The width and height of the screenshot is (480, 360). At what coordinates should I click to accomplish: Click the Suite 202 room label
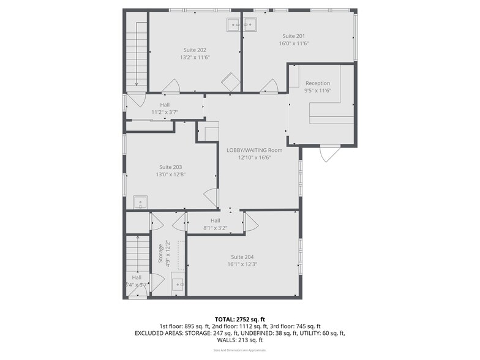click(195, 50)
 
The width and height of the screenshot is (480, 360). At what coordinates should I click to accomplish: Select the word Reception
click(318, 83)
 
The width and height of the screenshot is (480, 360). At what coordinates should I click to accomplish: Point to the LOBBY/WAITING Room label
click(254, 150)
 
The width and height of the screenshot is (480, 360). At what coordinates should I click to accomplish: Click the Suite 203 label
click(170, 167)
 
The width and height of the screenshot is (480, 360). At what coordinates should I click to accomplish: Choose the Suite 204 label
click(242, 257)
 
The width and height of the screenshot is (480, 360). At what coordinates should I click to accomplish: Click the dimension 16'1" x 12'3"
click(242, 264)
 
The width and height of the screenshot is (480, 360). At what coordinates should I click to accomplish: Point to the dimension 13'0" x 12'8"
click(170, 174)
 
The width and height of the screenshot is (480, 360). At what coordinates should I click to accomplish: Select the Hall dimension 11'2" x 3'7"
click(165, 113)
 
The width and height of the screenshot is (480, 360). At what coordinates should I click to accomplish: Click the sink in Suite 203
click(140, 201)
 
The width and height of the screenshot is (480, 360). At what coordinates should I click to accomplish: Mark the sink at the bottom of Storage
click(178, 284)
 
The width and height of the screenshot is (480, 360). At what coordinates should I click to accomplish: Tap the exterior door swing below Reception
click(329, 153)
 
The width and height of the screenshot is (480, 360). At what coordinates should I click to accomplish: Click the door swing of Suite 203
click(211, 197)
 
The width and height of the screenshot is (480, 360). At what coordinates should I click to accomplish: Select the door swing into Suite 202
click(171, 86)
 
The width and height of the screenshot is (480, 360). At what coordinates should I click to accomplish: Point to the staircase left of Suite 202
click(137, 55)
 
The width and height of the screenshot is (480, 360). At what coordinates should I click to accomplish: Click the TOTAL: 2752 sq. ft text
click(239, 320)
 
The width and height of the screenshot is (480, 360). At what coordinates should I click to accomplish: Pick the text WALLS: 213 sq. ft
click(239, 340)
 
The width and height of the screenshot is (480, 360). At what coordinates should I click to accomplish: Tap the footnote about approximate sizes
click(239, 351)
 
